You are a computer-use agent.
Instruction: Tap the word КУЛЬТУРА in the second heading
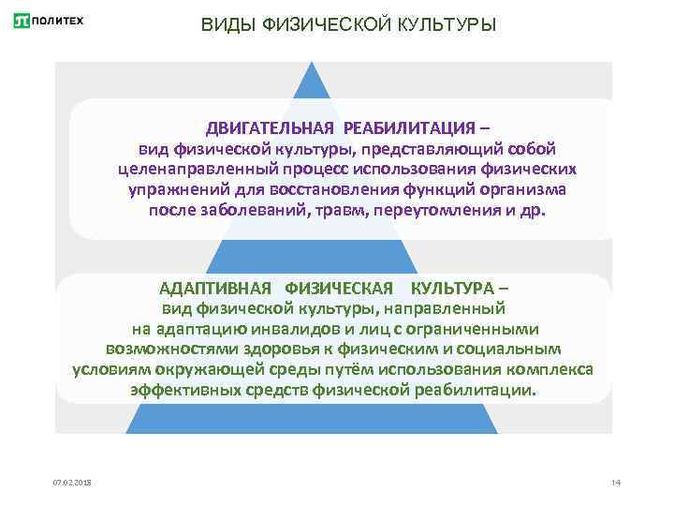click(x=455, y=288)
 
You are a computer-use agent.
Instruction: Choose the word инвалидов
click(x=286, y=328)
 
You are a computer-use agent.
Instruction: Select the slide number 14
click(x=615, y=483)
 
